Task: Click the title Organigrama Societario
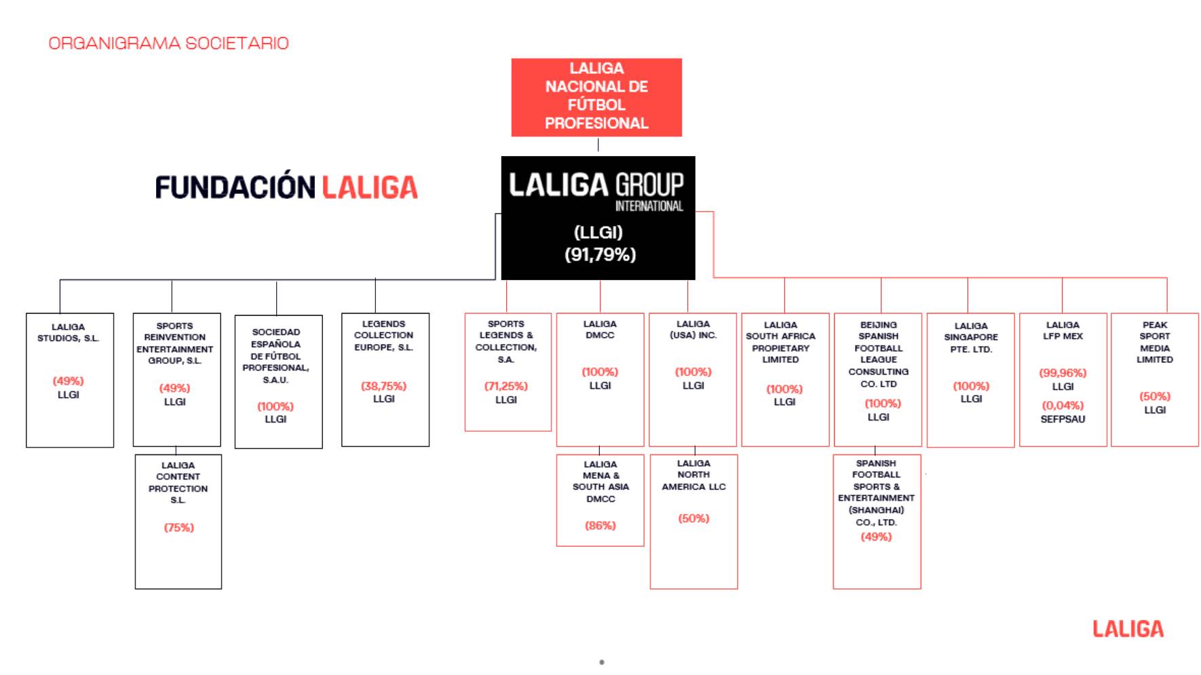click(x=168, y=43)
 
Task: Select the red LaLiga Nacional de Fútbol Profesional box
click(x=596, y=97)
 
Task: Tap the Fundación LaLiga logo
click(x=286, y=188)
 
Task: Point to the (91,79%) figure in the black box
click(x=600, y=254)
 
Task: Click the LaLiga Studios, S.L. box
click(x=69, y=380)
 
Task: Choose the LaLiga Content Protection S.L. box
click(x=178, y=521)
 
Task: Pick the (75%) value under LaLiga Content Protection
click(x=178, y=528)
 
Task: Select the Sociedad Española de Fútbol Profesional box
click(x=278, y=381)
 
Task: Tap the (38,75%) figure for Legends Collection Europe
click(x=383, y=386)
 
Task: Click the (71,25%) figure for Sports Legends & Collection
click(x=506, y=386)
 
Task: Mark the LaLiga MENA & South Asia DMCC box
click(x=600, y=500)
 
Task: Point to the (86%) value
click(x=600, y=526)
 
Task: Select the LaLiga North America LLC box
click(x=693, y=521)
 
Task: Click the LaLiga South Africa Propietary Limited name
click(x=780, y=342)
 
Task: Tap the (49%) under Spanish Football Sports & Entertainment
click(x=876, y=537)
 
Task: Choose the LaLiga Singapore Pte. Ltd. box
click(x=970, y=380)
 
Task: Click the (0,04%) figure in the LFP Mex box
click(x=1063, y=406)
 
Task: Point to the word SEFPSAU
click(x=1063, y=419)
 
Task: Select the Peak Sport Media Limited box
click(x=1154, y=380)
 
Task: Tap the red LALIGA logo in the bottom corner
click(x=1128, y=630)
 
